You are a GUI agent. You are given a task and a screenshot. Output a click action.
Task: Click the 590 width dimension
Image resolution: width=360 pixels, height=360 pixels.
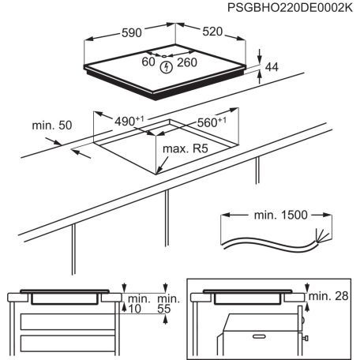pos(130,33)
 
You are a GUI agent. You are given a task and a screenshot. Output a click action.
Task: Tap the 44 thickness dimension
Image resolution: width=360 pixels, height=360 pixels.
pos(271,69)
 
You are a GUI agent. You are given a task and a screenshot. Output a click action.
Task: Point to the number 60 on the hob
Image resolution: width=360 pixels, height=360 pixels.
pos(148,62)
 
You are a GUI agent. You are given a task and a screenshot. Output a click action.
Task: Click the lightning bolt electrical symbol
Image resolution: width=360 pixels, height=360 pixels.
pos(166,67)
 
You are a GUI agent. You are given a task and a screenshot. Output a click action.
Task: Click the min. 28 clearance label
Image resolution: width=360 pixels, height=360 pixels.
pos(331,295)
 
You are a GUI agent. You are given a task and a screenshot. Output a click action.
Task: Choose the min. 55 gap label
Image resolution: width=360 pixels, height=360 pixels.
pos(165,305)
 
